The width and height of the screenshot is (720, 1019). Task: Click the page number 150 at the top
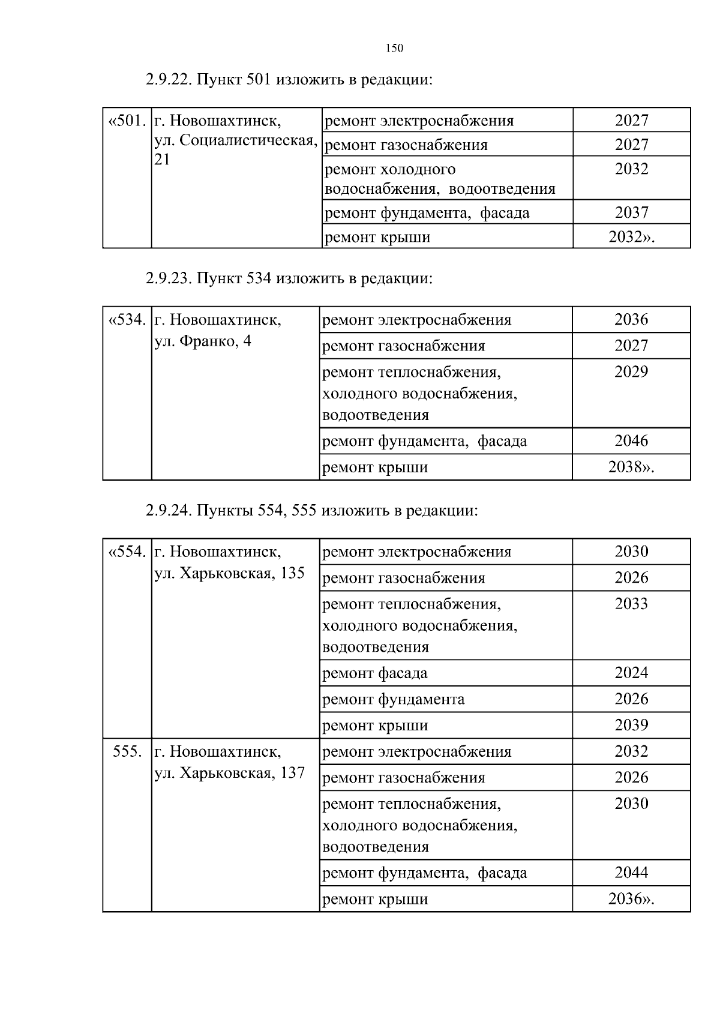(x=394, y=49)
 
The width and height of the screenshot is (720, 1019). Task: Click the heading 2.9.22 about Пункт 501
(x=289, y=80)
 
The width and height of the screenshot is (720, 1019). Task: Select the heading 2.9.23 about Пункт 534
(x=289, y=278)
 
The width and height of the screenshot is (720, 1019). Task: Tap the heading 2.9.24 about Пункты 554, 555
(x=311, y=511)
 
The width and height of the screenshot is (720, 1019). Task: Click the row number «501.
(x=127, y=121)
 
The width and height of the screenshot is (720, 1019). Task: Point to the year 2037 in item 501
(x=631, y=212)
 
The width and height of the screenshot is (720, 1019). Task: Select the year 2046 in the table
(x=631, y=441)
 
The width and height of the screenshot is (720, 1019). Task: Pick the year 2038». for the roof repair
(x=631, y=467)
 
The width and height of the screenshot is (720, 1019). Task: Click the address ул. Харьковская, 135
(x=229, y=573)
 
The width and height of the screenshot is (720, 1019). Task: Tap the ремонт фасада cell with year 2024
(x=375, y=673)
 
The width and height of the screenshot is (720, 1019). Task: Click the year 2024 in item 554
(x=631, y=673)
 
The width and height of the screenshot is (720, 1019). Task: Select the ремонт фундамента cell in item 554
(x=394, y=700)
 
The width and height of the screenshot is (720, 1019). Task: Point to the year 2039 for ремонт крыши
(x=631, y=726)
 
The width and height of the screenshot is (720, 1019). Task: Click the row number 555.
(x=127, y=752)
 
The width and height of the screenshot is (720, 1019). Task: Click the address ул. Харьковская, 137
(x=229, y=773)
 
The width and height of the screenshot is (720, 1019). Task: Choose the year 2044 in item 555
(x=631, y=873)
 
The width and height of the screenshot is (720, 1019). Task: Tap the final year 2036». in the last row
(x=631, y=899)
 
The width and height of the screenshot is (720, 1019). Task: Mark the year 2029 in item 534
(x=631, y=372)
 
